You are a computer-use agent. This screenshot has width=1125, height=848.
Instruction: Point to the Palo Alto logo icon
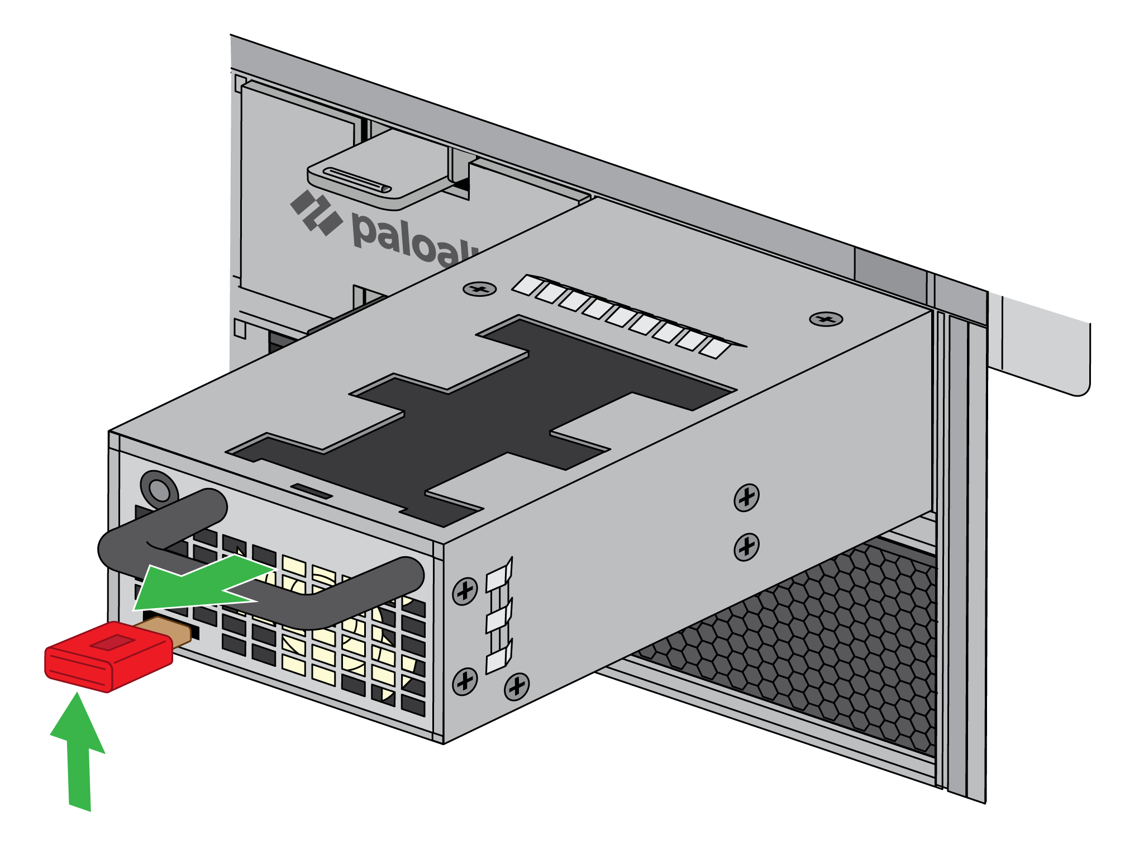[316, 212]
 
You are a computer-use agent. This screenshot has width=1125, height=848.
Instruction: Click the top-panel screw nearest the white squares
[479, 289]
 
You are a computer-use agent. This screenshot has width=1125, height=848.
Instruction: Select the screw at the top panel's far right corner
[826, 319]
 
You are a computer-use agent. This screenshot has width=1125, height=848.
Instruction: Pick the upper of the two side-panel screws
[746, 497]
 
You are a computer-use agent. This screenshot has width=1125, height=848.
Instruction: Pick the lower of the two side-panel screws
[746, 546]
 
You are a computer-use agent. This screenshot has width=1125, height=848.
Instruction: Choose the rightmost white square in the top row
[715, 348]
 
